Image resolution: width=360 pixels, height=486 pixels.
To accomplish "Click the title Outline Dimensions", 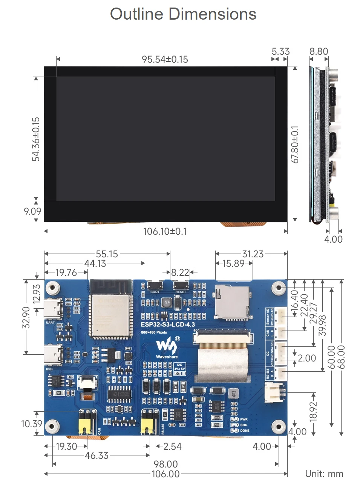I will (x=183, y=14).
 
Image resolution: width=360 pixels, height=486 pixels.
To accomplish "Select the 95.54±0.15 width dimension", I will (x=165, y=60).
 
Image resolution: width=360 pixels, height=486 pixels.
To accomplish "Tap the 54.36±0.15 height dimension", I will (x=36, y=139).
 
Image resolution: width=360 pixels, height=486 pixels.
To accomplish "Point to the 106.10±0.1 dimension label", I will (x=165, y=231).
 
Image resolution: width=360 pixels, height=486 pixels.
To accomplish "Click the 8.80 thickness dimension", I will (x=319, y=52).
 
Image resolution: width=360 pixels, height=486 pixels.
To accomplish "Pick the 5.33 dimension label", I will (x=280, y=52).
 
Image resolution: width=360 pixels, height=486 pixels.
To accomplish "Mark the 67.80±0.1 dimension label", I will (x=295, y=145).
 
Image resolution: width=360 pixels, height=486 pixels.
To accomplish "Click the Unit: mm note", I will (x=324, y=474).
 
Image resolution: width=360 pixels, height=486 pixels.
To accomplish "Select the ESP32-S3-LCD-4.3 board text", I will (x=168, y=325).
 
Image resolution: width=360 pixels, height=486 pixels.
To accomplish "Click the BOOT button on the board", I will (x=155, y=285).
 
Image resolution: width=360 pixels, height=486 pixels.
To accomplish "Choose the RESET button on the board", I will (x=181, y=285).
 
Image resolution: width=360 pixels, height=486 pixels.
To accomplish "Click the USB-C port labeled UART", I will (x=53, y=309).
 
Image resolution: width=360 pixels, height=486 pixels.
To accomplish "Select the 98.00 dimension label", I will (x=165, y=464).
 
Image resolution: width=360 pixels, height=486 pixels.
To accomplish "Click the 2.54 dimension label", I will (x=172, y=446).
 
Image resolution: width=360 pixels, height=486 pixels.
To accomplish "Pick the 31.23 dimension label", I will (x=253, y=254).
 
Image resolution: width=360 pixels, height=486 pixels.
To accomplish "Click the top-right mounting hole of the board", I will (x=279, y=288).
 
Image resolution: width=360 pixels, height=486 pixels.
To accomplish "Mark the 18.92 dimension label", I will (x=313, y=411).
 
